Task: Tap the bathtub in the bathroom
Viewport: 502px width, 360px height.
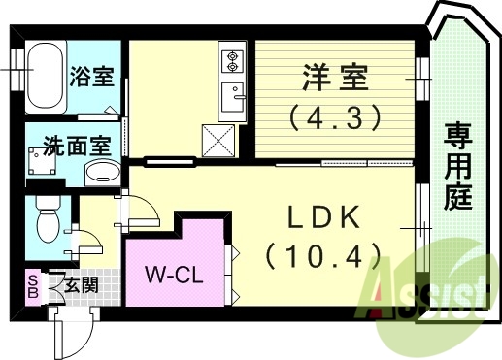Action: pos(45,77)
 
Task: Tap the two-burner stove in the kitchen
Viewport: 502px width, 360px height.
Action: pos(233,60)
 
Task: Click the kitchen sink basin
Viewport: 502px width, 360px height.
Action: pos(233,97)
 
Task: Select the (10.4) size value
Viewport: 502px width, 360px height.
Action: pos(322,256)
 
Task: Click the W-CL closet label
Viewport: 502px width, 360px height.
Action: pos(173,274)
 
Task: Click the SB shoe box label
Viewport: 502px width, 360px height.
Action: pos(32,286)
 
